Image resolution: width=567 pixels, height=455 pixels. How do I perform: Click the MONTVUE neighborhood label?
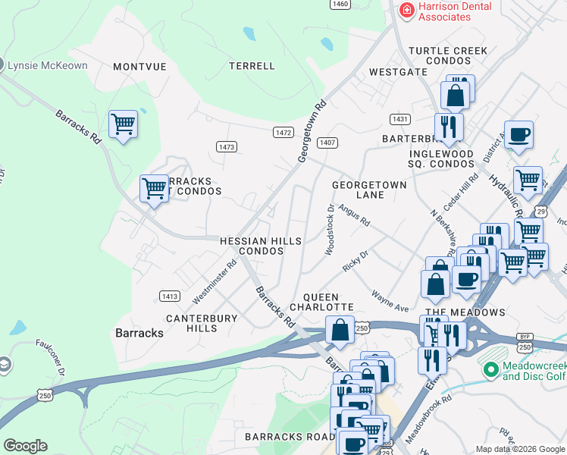pyautogui.click(x=139, y=67)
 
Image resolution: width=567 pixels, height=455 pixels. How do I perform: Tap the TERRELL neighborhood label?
pyautogui.click(x=252, y=66)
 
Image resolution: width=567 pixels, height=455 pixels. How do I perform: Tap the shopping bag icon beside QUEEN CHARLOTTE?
pyautogui.click(x=340, y=330)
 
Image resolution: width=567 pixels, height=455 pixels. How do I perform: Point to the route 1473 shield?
pyautogui.click(x=226, y=146)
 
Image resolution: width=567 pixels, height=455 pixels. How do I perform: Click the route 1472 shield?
pyautogui.click(x=283, y=132)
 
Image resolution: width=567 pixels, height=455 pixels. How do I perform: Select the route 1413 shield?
pyautogui.click(x=169, y=296)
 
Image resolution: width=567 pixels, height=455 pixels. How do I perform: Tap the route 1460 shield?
pyautogui.click(x=340, y=4)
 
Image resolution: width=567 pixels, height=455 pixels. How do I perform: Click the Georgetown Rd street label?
pyautogui.click(x=312, y=130)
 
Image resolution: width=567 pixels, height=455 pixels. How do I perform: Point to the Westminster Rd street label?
pyautogui.click(x=215, y=279)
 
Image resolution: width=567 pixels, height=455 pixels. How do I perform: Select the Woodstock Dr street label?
pyautogui.click(x=330, y=230)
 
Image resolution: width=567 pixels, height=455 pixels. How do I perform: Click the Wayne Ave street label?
pyautogui.click(x=390, y=300)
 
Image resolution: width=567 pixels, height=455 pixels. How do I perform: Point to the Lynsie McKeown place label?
pyautogui.click(x=47, y=65)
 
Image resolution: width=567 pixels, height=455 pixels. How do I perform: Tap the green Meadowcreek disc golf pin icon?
pyautogui.click(x=490, y=370)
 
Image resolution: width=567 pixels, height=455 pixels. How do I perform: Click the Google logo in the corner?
pyautogui.click(x=25, y=446)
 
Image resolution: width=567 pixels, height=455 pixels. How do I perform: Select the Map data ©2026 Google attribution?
pyautogui.click(x=520, y=449)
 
